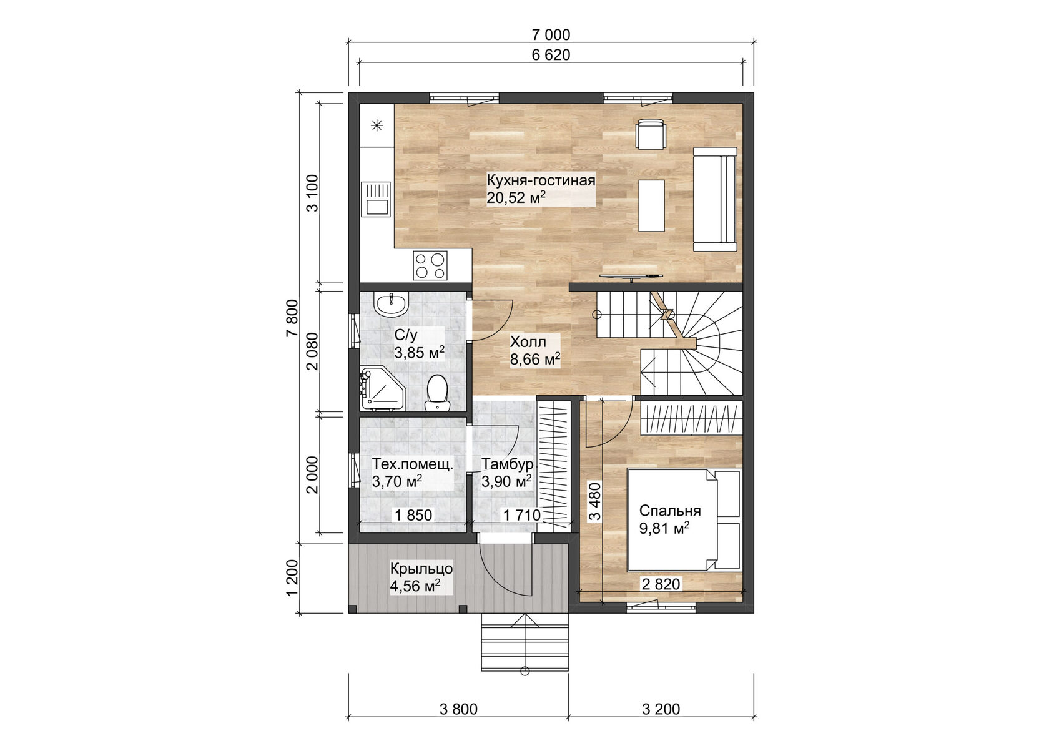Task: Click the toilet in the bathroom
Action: [437, 391]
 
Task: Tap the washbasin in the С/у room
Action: [392, 305]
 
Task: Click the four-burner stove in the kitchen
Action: [430, 265]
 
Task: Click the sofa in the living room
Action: [716, 199]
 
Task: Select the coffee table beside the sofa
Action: [651, 205]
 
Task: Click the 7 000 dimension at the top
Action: [551, 35]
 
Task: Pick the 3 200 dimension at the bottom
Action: [661, 709]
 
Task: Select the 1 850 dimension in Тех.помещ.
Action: [412, 516]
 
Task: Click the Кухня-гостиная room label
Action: [541, 181]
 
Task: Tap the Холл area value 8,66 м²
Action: [534, 360]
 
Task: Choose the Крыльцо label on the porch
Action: [421, 569]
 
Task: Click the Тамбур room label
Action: [507, 464]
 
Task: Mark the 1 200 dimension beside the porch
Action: [292, 577]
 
